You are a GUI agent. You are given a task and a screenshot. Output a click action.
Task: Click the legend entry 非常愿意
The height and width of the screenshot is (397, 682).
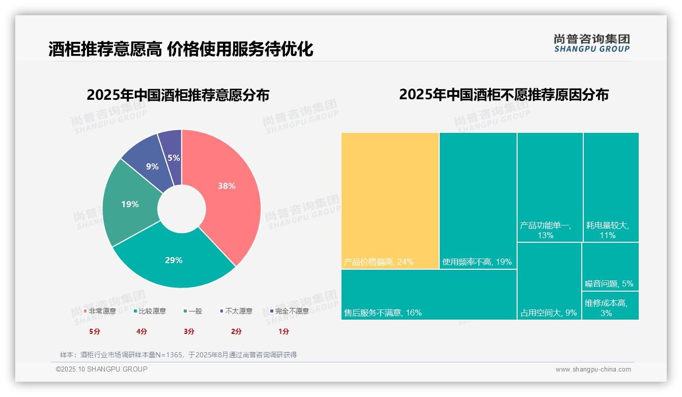pyautogui.click(x=100, y=311)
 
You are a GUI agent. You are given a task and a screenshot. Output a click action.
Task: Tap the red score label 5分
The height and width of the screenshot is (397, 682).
pyautogui.click(x=95, y=331)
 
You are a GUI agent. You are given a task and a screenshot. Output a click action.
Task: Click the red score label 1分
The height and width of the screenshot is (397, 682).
pyautogui.click(x=283, y=331)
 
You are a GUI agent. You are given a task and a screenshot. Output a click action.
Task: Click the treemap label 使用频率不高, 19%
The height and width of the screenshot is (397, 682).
pyautogui.click(x=477, y=262)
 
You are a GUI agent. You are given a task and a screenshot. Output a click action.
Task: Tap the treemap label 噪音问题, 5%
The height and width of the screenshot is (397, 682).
pyautogui.click(x=609, y=283)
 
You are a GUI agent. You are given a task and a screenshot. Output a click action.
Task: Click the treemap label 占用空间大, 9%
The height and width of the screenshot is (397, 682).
pyautogui.click(x=549, y=313)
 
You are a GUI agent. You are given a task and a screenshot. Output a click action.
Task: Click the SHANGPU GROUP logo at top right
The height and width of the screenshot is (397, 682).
pyautogui.click(x=591, y=43)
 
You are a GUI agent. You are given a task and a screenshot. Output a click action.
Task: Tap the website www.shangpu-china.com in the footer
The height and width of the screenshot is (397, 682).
pyautogui.click(x=593, y=370)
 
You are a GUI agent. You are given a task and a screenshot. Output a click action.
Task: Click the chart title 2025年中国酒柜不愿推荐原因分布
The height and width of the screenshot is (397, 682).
pyautogui.click(x=503, y=95)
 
